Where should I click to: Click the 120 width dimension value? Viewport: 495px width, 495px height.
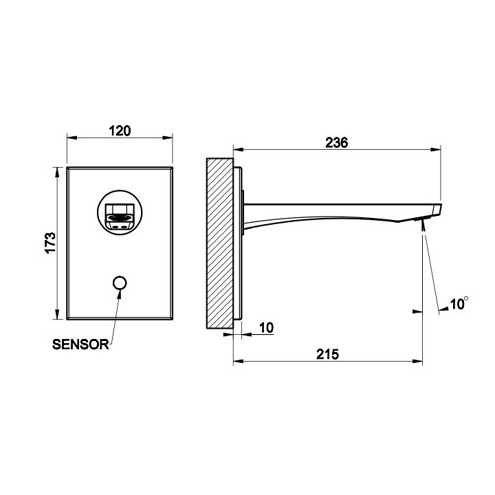click(x=120, y=131)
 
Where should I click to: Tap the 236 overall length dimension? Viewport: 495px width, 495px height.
click(x=337, y=142)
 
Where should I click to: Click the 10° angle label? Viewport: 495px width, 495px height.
click(x=459, y=303)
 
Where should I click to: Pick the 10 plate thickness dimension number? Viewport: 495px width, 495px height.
click(x=266, y=327)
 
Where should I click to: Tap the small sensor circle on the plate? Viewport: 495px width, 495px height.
click(x=120, y=283)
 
